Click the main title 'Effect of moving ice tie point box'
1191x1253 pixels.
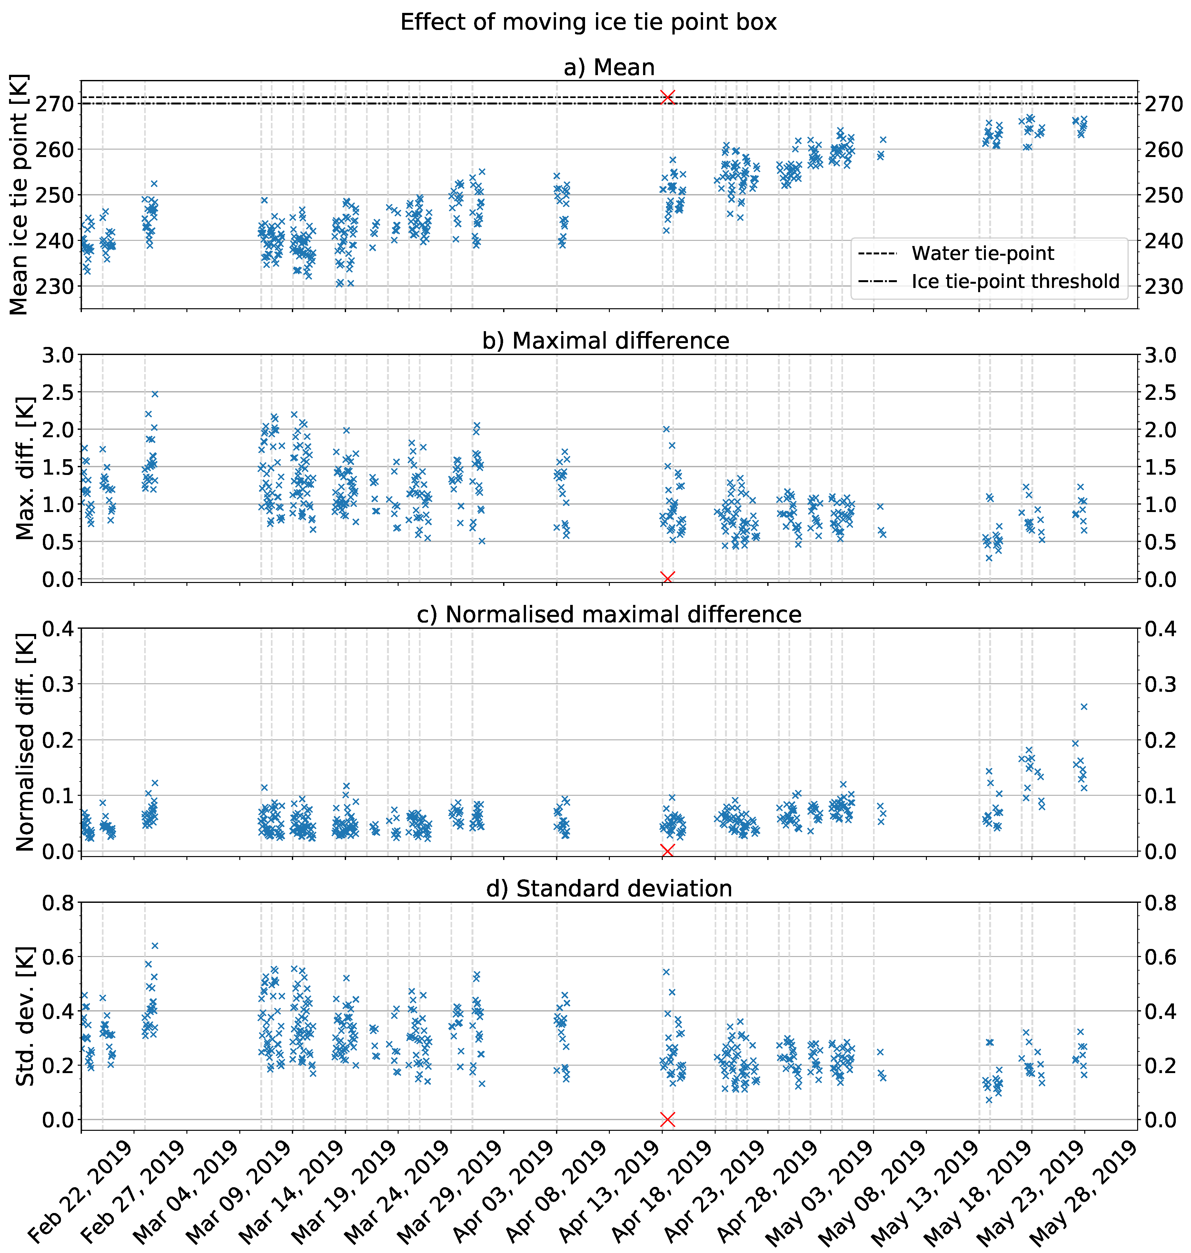pos(589,23)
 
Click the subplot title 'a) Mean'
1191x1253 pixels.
pos(609,67)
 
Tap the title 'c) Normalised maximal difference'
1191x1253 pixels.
pos(609,615)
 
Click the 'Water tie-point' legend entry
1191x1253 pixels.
pos(982,253)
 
